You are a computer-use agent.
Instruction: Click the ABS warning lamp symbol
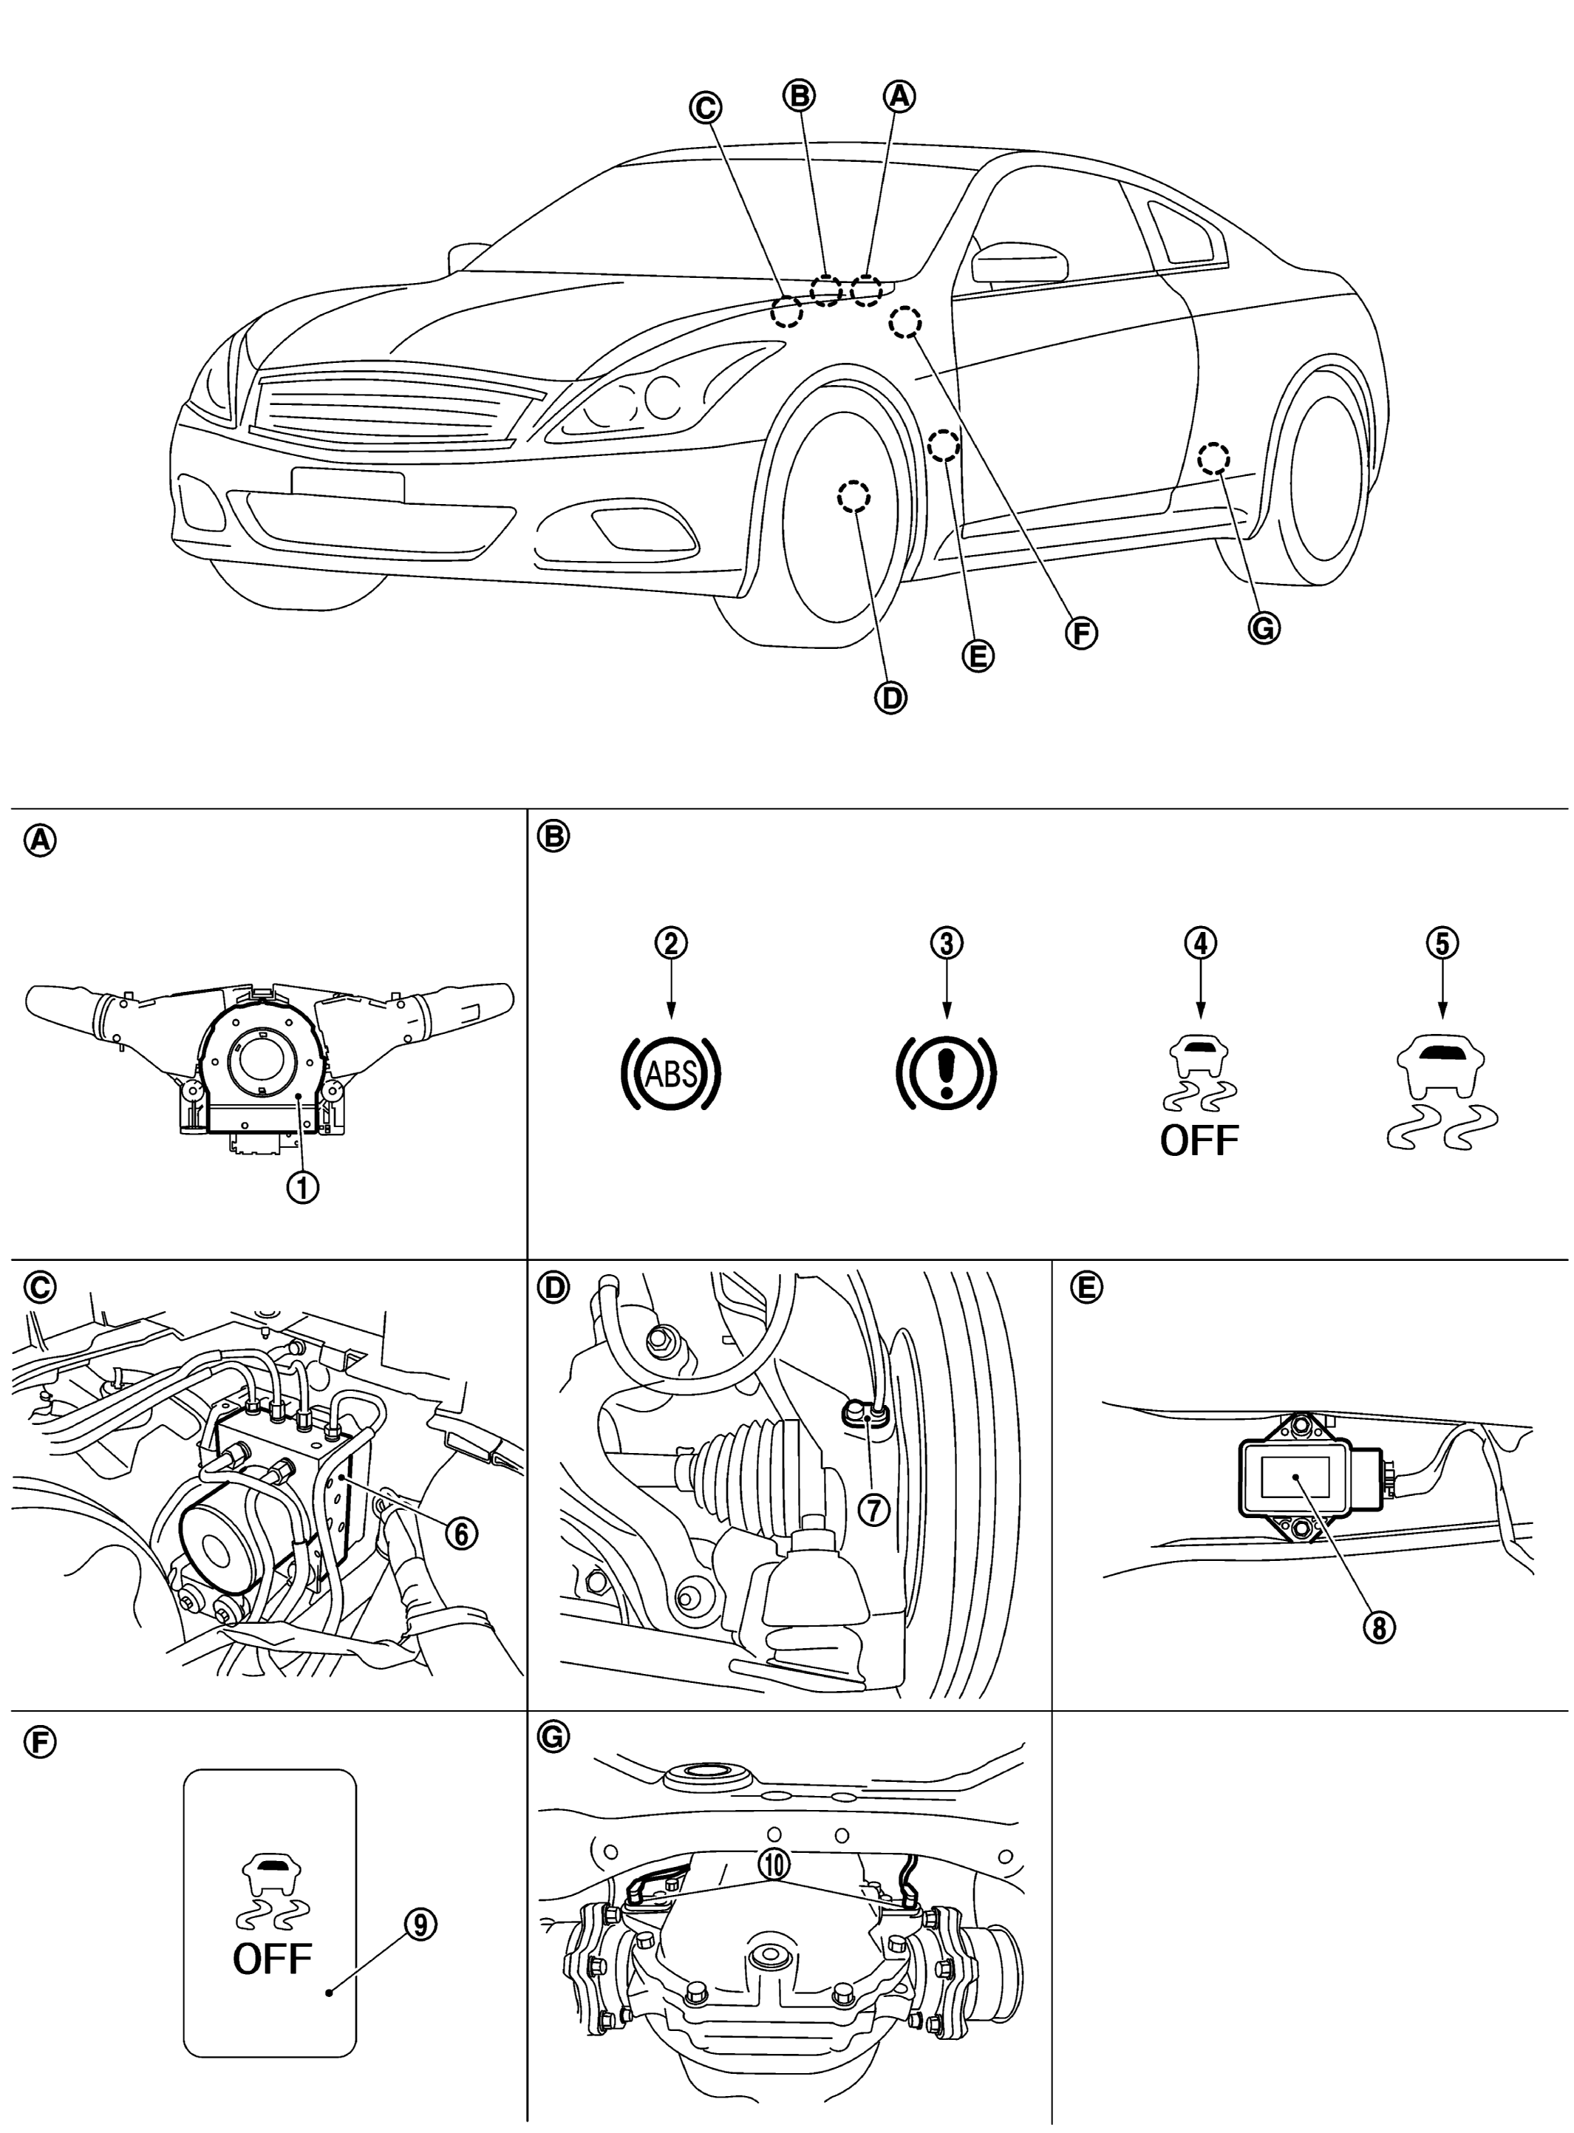671,1072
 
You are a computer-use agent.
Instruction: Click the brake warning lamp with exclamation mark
945,1072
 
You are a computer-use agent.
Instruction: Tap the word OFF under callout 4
1199,1140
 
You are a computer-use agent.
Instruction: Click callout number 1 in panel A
304,1187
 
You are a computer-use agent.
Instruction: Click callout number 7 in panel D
873,1508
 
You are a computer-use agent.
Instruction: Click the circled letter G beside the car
1264,627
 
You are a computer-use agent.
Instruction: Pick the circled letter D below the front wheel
891,698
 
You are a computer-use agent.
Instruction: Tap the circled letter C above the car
705,108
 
